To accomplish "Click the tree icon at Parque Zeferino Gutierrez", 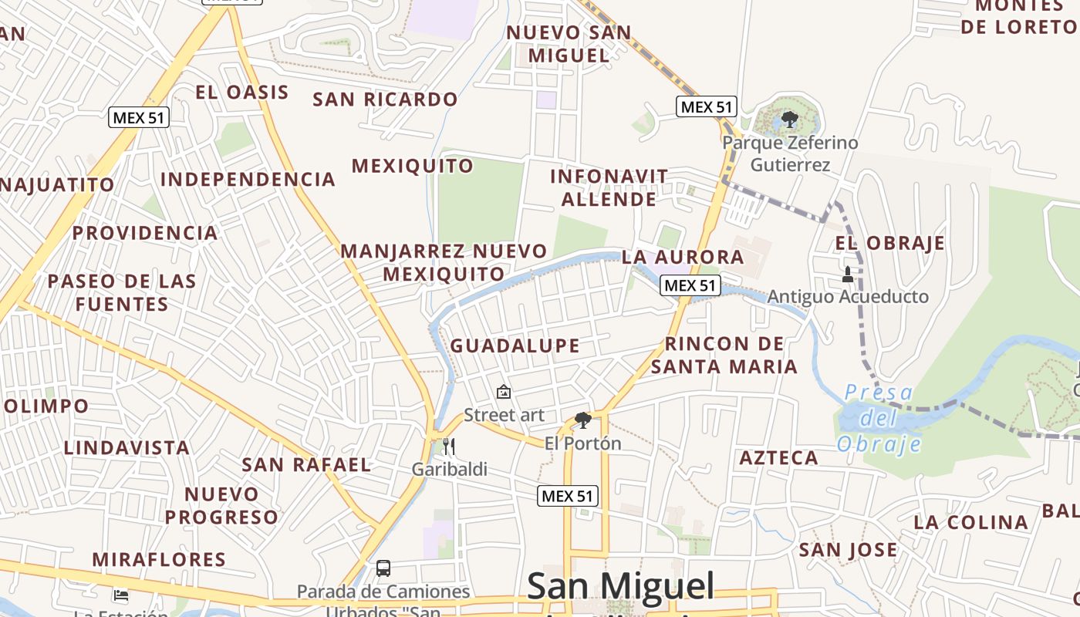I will click(789, 119).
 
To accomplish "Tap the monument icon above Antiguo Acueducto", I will click(848, 274).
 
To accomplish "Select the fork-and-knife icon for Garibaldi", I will click(449, 446).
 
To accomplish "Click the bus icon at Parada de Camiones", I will click(383, 568).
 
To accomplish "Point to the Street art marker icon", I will click(504, 392).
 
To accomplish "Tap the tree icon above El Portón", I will click(583, 420).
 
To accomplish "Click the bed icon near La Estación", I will click(121, 595).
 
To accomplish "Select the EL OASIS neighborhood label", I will click(242, 93).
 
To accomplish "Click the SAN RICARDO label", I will click(385, 99).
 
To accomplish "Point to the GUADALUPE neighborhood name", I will click(515, 346).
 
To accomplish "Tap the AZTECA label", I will click(779, 458).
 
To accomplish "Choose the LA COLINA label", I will click(970, 522).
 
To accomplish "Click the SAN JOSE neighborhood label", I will click(848, 550).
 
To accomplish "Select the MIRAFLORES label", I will click(159, 559).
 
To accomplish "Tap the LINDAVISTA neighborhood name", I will click(127, 448).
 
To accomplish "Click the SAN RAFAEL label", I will click(306, 464).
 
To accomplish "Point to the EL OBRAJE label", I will click(889, 243).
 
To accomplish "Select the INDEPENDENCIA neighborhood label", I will click(248, 180).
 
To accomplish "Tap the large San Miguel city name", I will click(621, 588).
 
